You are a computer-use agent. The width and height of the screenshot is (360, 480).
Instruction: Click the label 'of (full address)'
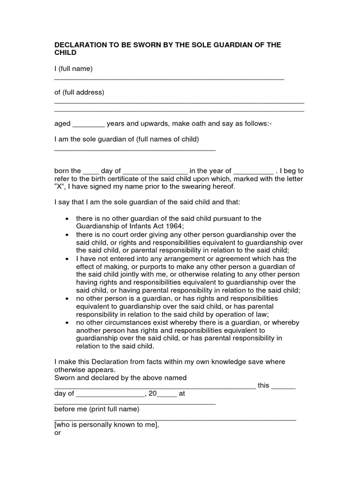[79, 92]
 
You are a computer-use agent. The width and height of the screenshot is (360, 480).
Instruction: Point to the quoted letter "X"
[60, 187]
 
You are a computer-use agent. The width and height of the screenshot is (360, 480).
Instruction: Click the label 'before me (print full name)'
[97, 409]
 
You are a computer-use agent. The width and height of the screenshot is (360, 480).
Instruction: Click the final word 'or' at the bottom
[58, 433]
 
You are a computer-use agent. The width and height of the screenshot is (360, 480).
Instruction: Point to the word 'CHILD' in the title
[65, 53]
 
